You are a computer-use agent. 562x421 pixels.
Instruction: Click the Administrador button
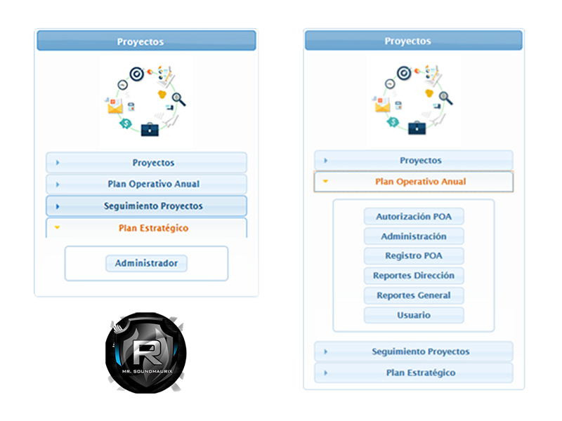pyautogui.click(x=146, y=264)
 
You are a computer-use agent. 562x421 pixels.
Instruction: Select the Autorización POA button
pyautogui.click(x=414, y=217)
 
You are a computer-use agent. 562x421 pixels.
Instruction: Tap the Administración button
pyautogui.click(x=414, y=236)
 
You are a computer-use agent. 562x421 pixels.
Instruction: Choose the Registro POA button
pyautogui.click(x=414, y=256)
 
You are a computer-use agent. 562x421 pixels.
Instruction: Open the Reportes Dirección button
pyautogui.click(x=414, y=276)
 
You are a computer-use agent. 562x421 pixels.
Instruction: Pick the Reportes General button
pyautogui.click(x=414, y=295)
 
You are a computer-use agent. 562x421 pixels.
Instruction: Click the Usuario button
pyautogui.click(x=414, y=315)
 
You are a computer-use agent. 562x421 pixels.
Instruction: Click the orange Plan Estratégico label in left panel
pyautogui.click(x=153, y=228)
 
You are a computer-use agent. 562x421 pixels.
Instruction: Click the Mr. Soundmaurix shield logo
pyautogui.click(x=146, y=353)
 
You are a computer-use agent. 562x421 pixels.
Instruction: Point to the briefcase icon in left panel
pyautogui.click(x=150, y=129)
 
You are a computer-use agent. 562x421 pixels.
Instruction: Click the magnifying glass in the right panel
pyautogui.click(x=446, y=98)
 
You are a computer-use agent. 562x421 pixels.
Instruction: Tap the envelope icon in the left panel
pyautogui.click(x=115, y=107)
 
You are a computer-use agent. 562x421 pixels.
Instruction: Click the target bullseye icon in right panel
pyautogui.click(x=404, y=73)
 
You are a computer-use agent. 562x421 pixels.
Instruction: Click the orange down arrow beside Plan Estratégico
pyautogui.click(x=57, y=227)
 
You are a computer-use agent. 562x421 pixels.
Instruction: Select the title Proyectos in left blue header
pyautogui.click(x=140, y=42)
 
